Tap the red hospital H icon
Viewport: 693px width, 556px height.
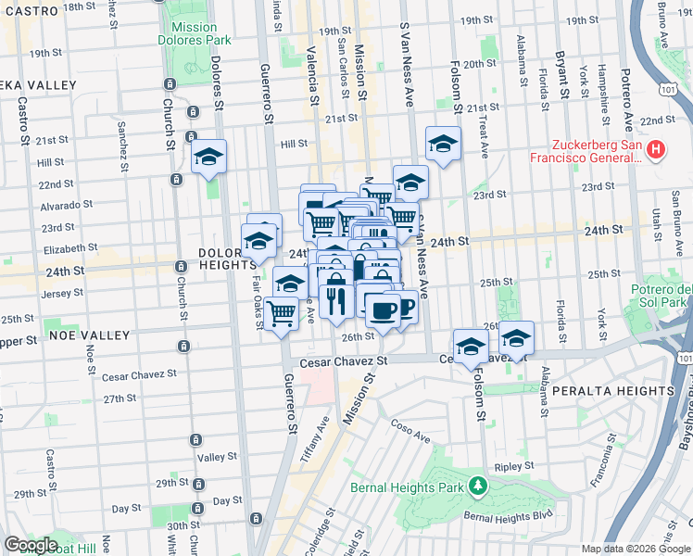point(656,148)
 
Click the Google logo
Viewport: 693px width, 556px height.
point(31,544)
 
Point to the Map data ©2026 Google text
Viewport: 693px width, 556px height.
point(636,549)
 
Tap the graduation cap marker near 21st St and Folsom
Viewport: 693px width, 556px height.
point(444,145)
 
